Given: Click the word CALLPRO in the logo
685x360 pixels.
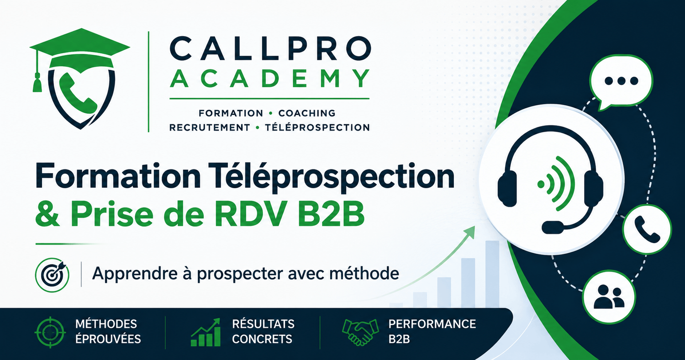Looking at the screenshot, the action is [x=270, y=48].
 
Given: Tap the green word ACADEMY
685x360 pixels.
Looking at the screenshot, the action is [x=270, y=79].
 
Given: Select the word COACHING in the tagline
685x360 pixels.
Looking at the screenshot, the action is [x=307, y=113].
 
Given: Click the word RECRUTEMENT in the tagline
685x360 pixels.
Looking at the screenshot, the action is [x=210, y=127].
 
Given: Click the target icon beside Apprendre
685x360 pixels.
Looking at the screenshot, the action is [x=53, y=275].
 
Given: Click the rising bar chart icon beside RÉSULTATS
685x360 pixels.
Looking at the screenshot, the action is [x=205, y=332].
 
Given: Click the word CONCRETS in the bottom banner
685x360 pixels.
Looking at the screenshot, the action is [x=262, y=339].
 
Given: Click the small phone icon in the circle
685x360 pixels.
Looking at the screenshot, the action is [x=647, y=229].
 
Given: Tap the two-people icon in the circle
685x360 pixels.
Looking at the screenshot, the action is [x=609, y=296].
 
